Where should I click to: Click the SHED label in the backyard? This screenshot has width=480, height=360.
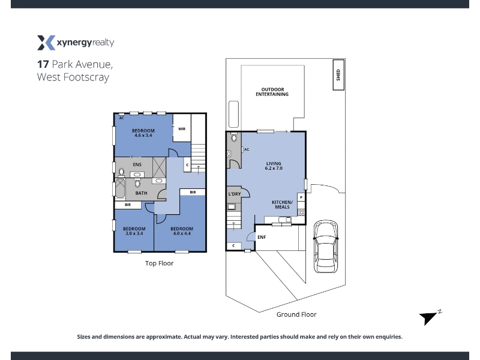coord(338,75)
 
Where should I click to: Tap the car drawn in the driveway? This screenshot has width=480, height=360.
coord(326,246)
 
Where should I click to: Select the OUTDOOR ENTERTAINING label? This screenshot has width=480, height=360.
coord(272,92)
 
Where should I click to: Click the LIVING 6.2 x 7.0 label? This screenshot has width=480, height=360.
coord(274,166)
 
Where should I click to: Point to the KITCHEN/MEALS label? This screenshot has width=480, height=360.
coord(282,205)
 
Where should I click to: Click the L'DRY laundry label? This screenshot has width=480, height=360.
coord(235,194)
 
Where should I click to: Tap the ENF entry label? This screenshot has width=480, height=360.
coord(262,237)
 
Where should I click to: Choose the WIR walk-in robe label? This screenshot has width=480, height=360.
coord(182,129)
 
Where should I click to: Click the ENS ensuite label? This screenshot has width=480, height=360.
coord(137,164)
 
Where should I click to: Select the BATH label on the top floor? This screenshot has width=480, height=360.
coord(141,193)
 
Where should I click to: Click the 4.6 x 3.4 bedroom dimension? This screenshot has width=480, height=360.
coord(143,136)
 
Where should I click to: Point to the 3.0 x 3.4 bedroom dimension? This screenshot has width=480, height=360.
coord(134,233)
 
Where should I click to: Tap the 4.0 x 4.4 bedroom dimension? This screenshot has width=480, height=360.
coord(182,233)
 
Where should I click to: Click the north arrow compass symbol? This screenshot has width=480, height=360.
coord(430,317)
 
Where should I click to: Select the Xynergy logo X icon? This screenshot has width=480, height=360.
coord(46,43)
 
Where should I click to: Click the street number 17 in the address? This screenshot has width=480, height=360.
coord(43,64)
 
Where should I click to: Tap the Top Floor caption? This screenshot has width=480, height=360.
coord(159,263)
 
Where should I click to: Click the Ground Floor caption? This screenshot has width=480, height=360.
coord(296,314)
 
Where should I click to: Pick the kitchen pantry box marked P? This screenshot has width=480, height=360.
coord(301,197)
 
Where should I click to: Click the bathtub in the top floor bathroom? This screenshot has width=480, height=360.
coord(120,188)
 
